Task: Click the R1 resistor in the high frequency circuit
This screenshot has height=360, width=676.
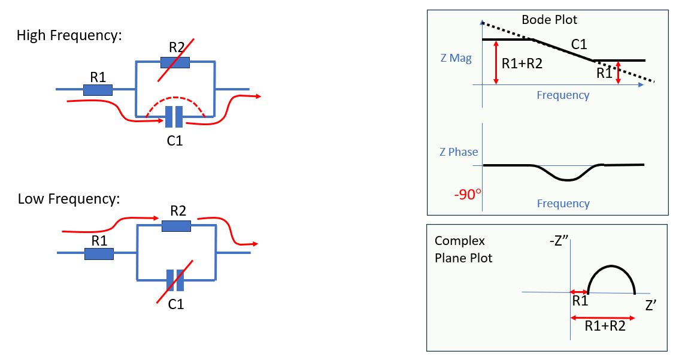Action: tap(98, 90)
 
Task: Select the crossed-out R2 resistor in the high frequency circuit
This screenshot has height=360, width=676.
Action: tap(175, 61)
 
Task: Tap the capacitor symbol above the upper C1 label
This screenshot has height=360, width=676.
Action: tap(174, 117)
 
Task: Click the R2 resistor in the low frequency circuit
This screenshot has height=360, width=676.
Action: tap(177, 225)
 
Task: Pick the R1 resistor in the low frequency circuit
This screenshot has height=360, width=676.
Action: tap(99, 253)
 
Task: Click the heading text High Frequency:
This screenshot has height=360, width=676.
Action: tap(69, 35)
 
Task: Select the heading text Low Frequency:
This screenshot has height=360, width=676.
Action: tap(69, 198)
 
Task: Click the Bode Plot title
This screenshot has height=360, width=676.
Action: tap(549, 19)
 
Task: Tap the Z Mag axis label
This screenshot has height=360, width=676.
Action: tap(455, 58)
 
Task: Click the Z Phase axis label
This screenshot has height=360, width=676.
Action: tap(458, 152)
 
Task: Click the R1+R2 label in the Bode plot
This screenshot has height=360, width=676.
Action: tap(522, 63)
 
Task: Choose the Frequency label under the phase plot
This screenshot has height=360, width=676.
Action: tap(563, 204)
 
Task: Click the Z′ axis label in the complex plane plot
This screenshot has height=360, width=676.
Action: tap(651, 305)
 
